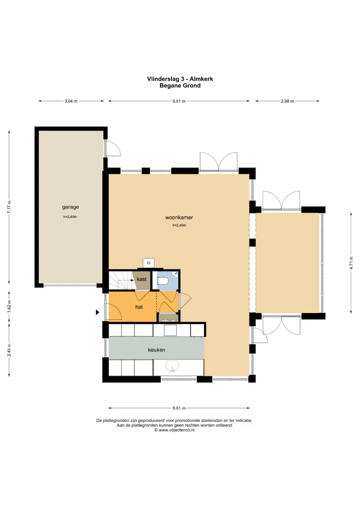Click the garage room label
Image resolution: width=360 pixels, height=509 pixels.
click(70, 207)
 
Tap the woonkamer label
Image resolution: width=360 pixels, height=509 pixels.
click(179, 217)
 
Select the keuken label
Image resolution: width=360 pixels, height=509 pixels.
click(156, 350)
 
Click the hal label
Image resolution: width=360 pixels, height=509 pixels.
click(139, 307)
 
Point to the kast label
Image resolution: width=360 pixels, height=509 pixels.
click(142, 279)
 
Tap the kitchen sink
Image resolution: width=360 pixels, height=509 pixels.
click(172, 366)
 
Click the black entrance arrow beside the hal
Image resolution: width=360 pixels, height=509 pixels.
click(97, 312)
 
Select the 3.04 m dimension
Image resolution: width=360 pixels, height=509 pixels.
click(71, 101)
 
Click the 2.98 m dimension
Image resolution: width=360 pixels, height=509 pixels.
click(287, 101)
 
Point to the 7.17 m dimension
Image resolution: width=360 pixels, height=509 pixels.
click(9, 207)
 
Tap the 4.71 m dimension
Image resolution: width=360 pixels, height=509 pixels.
click(351, 263)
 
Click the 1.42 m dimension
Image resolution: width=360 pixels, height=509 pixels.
click(9, 306)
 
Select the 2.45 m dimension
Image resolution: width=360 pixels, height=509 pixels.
click(9, 350)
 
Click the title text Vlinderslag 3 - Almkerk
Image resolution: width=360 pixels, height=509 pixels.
click(180, 79)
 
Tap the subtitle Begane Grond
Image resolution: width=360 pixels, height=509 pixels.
click(180, 86)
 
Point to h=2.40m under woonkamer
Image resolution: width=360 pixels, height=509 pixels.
click(179, 225)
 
